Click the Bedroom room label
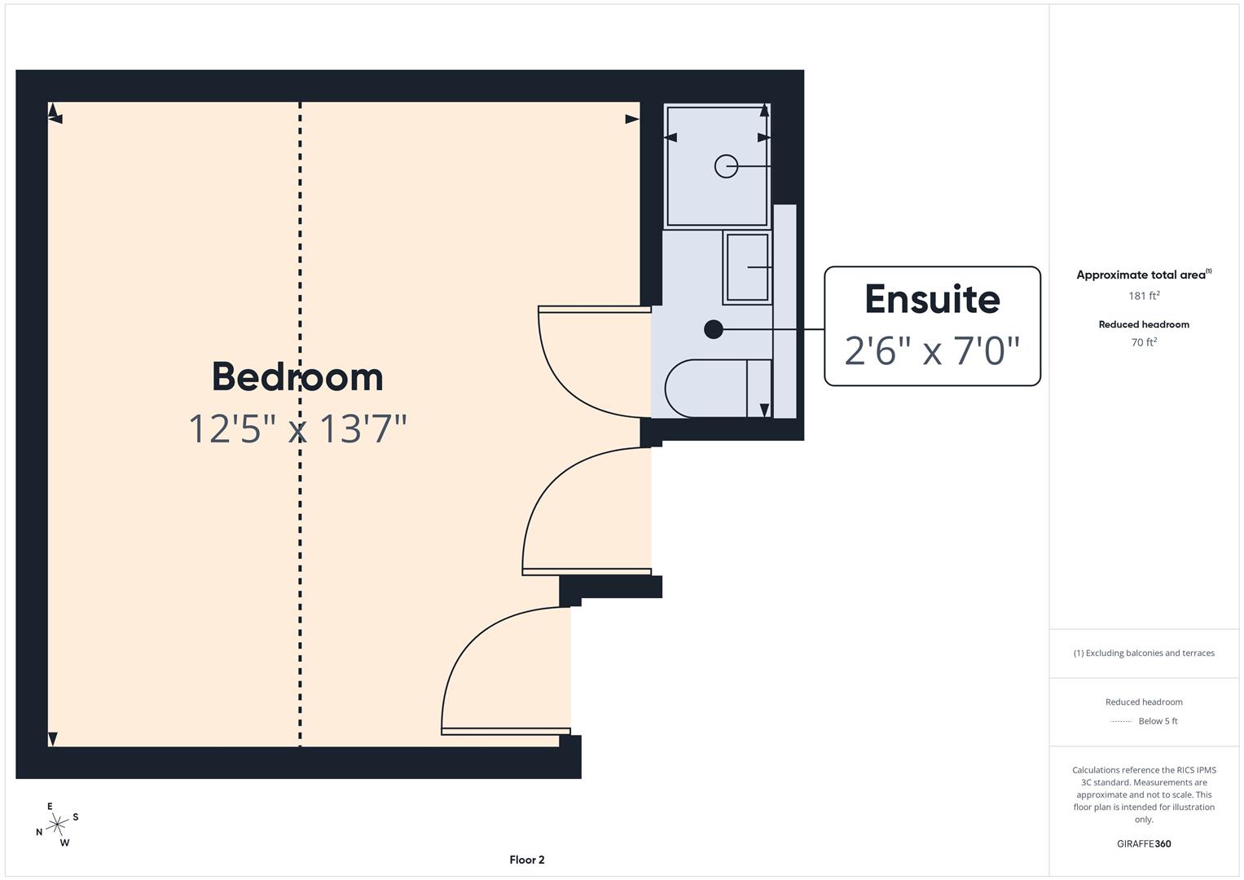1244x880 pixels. pyautogui.click(x=297, y=376)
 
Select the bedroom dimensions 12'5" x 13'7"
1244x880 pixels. pyautogui.click(x=297, y=429)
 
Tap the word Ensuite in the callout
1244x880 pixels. pyautogui.click(x=933, y=300)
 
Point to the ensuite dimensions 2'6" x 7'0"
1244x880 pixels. pyautogui.click(x=933, y=350)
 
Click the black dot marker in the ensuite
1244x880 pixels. pyautogui.click(x=714, y=329)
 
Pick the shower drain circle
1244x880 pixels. pyautogui.click(x=726, y=166)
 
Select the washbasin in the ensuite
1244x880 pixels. pyautogui.click(x=748, y=267)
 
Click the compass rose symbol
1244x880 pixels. pyautogui.click(x=57, y=825)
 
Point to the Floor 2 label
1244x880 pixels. pyautogui.click(x=527, y=860)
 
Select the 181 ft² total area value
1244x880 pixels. pyautogui.click(x=1144, y=296)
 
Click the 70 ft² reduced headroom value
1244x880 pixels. pyautogui.click(x=1144, y=342)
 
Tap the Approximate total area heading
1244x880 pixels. pyautogui.click(x=1144, y=275)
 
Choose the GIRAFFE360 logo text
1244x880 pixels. pyautogui.click(x=1144, y=844)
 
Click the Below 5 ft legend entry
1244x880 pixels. pyautogui.click(x=1158, y=721)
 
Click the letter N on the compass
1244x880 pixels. pyautogui.click(x=39, y=832)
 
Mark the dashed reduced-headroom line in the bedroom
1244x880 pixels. pyautogui.click(x=301, y=425)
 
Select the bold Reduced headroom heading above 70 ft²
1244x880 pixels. pyautogui.click(x=1144, y=324)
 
